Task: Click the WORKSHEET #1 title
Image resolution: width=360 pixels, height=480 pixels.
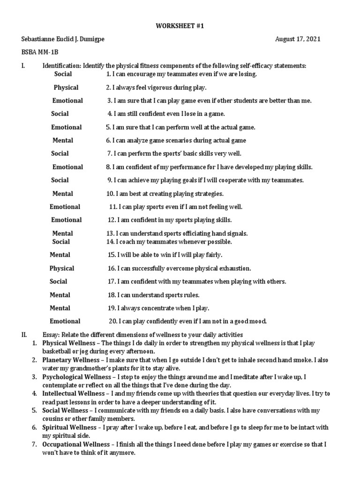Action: [180, 26]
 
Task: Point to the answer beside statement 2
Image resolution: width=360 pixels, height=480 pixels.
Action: [66, 87]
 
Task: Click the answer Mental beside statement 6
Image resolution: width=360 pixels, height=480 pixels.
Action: [62, 140]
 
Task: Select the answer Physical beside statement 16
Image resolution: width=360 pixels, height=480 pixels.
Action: [62, 268]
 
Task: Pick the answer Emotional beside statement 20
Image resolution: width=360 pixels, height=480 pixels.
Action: [65, 321]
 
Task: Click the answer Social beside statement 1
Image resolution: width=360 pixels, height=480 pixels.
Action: [63, 74]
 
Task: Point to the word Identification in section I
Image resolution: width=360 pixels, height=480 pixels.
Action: [62, 66]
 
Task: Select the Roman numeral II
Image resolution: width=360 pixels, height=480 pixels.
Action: [24, 334]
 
